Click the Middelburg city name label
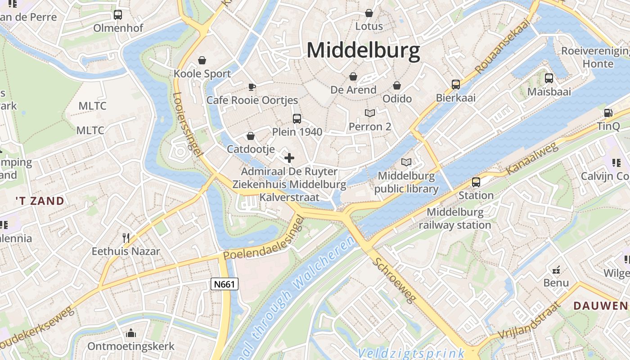coord(363,50)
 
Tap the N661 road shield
coord(224,284)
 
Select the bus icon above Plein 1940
coord(297,119)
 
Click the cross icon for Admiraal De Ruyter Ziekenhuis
coord(289,158)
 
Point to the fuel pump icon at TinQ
coord(608,113)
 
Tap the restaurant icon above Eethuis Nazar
coord(126,238)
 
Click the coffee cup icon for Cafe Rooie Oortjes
coord(252,87)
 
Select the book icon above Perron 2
coord(370,113)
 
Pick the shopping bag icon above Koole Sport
coord(202,60)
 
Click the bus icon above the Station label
coord(476,182)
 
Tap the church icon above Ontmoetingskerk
coord(131,333)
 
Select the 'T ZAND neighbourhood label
coord(40,201)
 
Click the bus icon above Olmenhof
coord(118,15)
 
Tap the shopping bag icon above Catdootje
coord(251,136)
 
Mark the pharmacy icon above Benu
coord(556,270)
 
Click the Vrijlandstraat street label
coord(530,321)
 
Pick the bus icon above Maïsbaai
coord(549,78)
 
